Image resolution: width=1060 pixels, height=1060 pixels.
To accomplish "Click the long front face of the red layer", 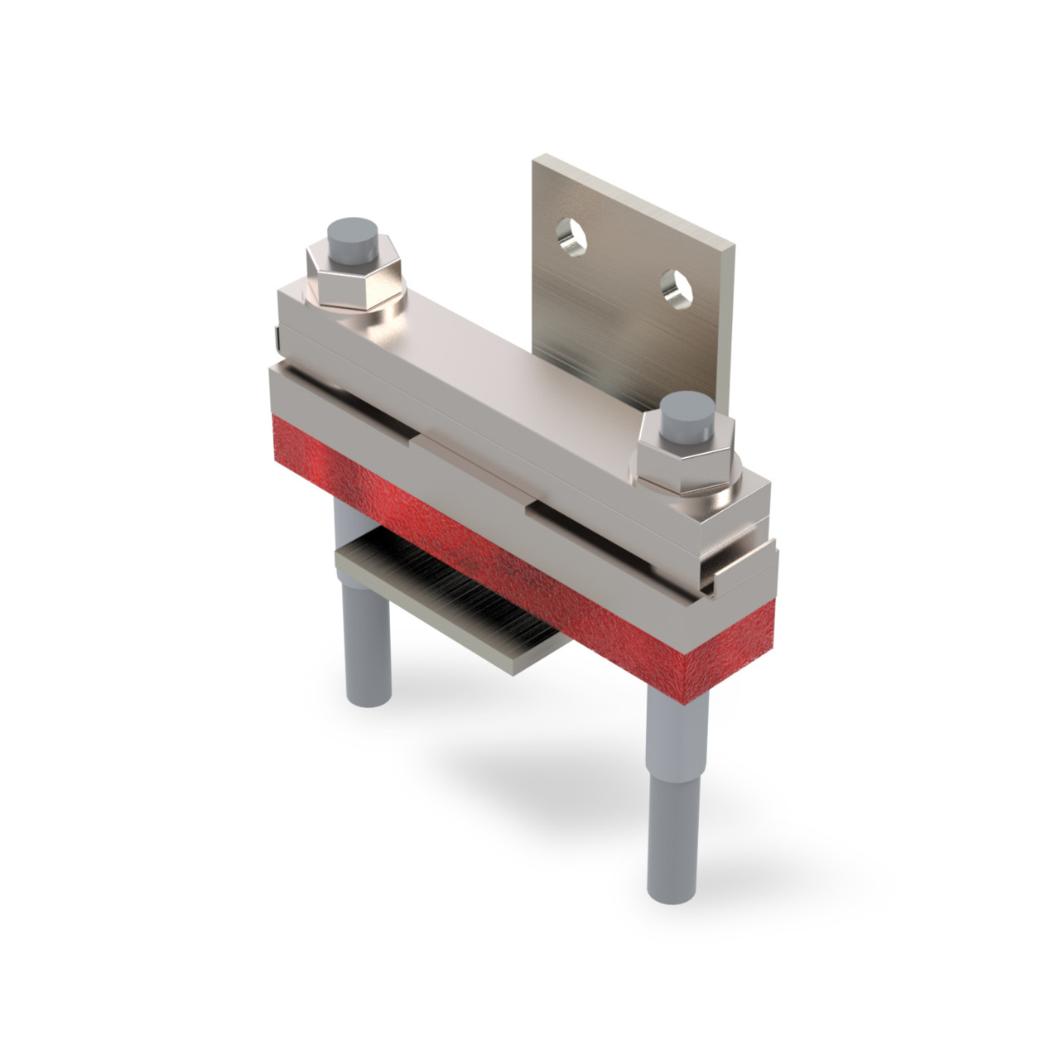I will coord(464,547).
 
